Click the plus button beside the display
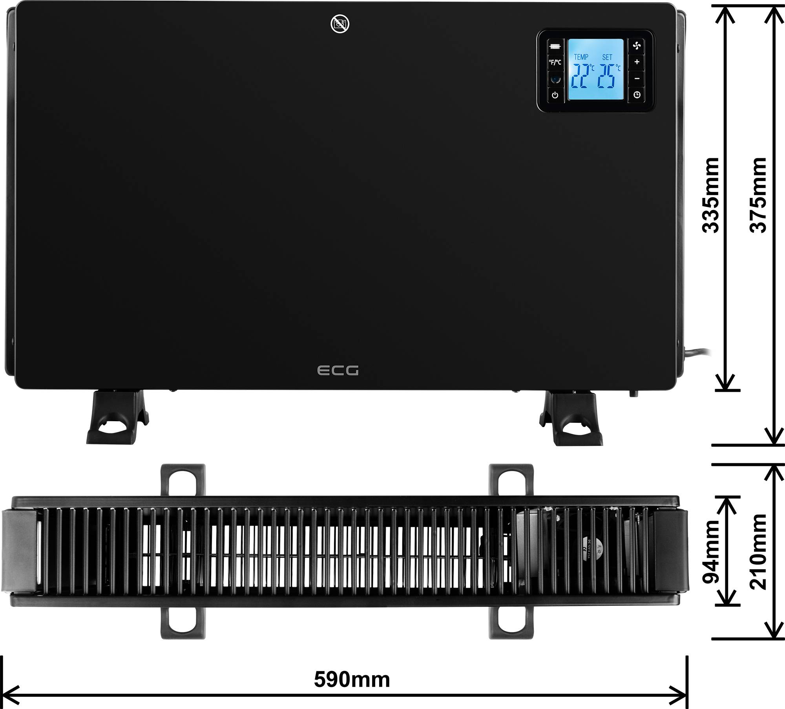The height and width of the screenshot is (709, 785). tap(637, 62)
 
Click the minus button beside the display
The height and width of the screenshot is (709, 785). tap(637, 78)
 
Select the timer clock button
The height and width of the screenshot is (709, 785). tap(637, 95)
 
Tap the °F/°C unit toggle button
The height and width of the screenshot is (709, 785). tap(555, 62)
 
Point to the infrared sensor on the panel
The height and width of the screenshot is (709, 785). tap(555, 79)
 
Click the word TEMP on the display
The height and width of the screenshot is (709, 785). tap(581, 57)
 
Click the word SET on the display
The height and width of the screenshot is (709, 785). tap(607, 57)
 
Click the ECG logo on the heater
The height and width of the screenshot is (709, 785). tap(338, 370)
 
